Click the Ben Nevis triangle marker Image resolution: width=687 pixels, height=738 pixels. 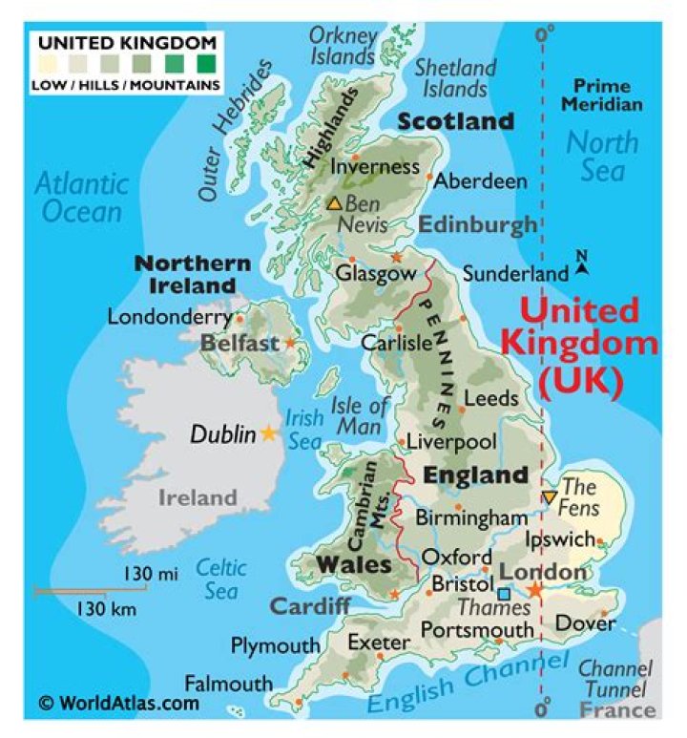click(x=334, y=203)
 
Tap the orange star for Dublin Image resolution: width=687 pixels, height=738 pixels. click(x=270, y=433)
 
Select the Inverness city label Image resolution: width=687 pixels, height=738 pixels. click(x=375, y=166)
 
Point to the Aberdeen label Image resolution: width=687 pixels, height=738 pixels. click(x=482, y=180)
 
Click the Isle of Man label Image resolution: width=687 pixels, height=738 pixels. click(x=360, y=417)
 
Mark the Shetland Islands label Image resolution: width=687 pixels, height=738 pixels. click(x=456, y=78)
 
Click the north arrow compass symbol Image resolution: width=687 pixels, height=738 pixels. click(x=581, y=264)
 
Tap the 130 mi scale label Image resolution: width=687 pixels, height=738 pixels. click(x=150, y=574)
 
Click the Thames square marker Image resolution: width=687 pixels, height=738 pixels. click(x=503, y=594)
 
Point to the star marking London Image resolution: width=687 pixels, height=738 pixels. click(x=534, y=591)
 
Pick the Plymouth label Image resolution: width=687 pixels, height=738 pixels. click(x=275, y=645)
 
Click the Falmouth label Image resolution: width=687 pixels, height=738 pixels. click(x=228, y=684)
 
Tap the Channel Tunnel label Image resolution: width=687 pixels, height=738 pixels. click(x=615, y=678)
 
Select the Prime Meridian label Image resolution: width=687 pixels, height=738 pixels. click(x=601, y=95)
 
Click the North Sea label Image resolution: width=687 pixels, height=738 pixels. click(x=602, y=156)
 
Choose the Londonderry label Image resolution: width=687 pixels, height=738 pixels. click(x=170, y=316)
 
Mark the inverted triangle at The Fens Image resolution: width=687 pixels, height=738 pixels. click(x=549, y=497)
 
